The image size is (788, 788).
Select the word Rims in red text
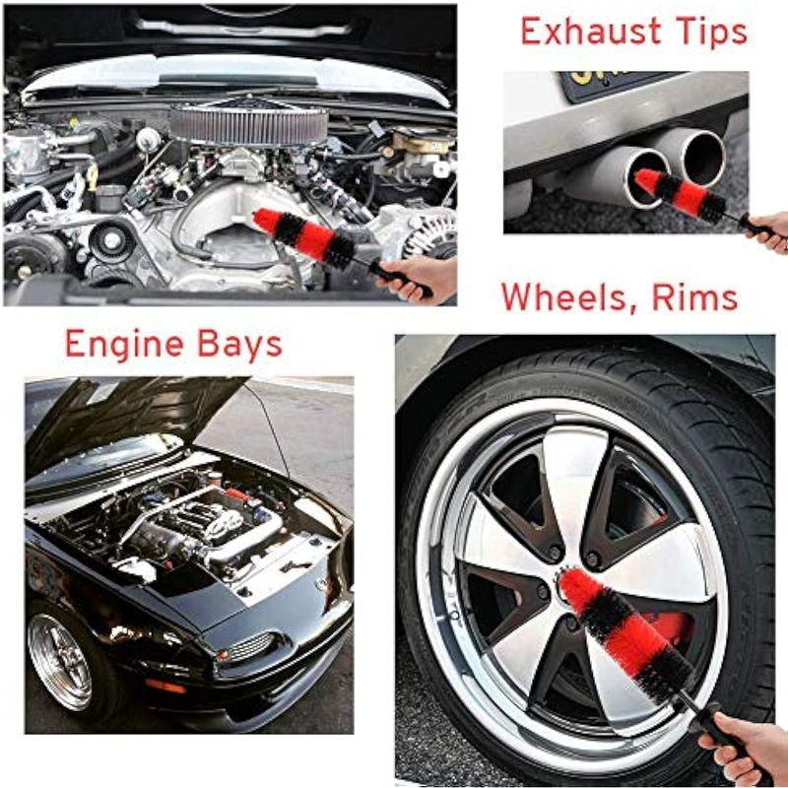[695, 297]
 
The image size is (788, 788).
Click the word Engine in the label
[124, 346]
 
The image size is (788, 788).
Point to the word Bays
[239, 346]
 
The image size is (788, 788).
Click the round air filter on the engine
[249, 124]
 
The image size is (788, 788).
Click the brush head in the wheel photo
[626, 635]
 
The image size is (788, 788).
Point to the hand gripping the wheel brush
[744, 745]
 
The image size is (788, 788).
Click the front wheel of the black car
[59, 661]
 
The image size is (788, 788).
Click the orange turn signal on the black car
[165, 686]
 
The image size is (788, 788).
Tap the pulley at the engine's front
[112, 240]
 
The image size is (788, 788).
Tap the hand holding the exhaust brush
[768, 231]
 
